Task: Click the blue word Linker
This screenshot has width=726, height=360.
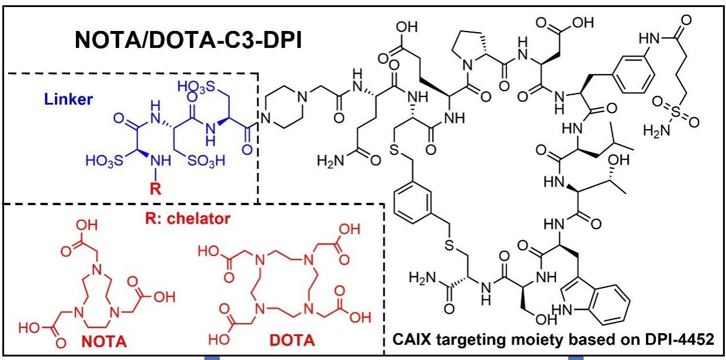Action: coord(68,99)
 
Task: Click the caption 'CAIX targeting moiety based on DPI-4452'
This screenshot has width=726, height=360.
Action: coord(554,340)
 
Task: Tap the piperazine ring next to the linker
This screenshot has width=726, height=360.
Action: coord(284,106)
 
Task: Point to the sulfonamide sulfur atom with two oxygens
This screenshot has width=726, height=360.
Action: coord(681,111)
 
